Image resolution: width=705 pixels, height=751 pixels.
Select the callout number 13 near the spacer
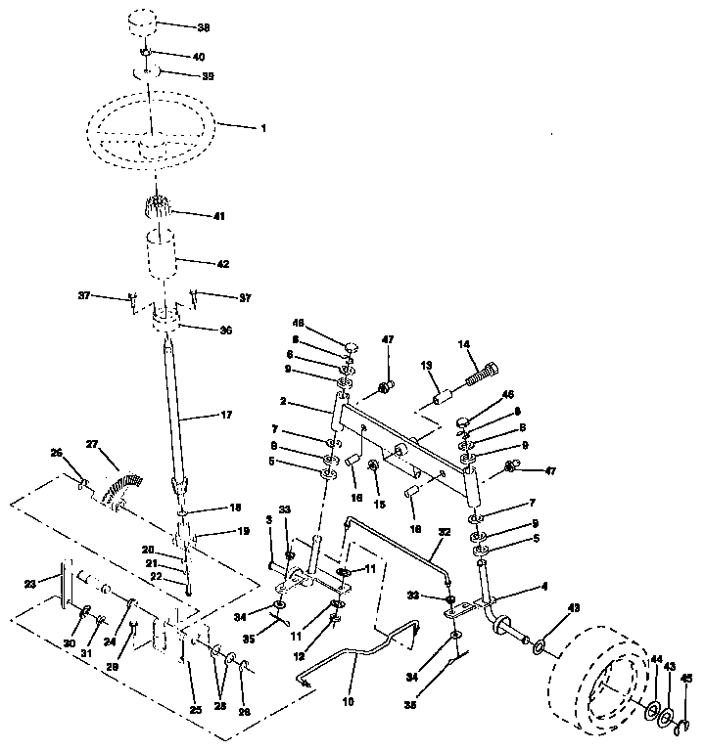[x=427, y=364]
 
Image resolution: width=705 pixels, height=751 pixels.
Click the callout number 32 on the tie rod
[x=445, y=533]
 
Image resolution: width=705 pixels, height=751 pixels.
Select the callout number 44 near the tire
[x=655, y=660]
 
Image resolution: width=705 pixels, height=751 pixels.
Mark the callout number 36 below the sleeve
[x=225, y=331]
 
